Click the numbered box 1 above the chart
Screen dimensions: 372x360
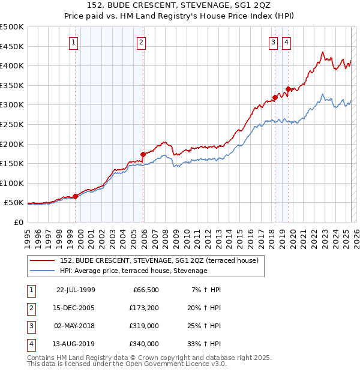[73, 42]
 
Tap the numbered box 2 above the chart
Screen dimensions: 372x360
[141, 42]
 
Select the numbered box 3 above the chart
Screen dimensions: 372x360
[273, 42]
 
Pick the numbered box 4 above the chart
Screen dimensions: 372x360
[287, 42]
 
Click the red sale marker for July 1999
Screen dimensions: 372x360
[76, 196]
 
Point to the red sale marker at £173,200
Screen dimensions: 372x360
[143, 154]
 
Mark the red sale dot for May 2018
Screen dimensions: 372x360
[275, 97]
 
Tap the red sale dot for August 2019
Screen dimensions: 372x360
[289, 89]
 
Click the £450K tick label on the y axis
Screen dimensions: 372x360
[12, 46]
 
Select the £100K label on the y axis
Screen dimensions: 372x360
[12, 183]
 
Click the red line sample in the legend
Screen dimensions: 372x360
[42, 260]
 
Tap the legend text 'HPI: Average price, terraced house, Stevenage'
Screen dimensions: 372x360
[133, 271]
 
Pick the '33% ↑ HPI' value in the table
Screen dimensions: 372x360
[205, 344]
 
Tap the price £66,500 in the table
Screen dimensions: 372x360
[146, 290]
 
